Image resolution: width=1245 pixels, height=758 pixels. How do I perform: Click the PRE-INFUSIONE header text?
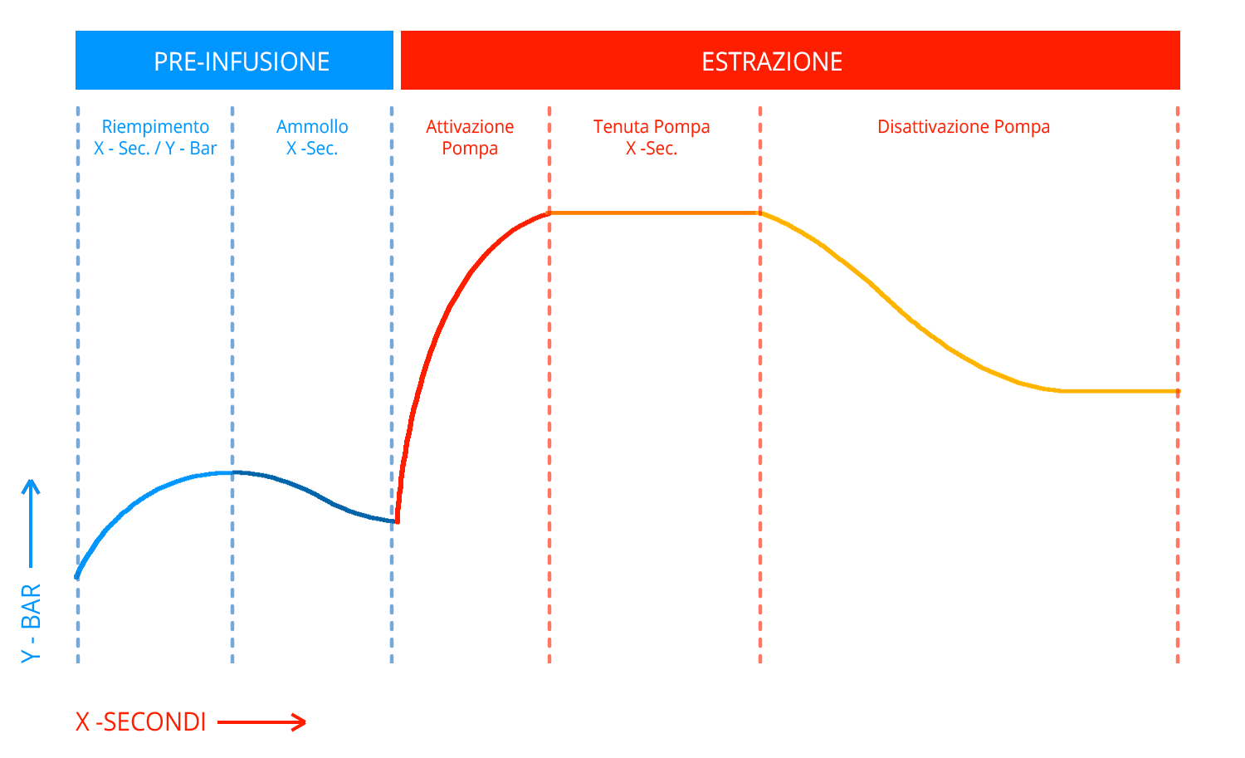(x=242, y=61)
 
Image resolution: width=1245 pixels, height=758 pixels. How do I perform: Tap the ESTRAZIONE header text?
(x=772, y=61)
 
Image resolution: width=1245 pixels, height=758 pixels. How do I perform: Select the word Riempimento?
(x=156, y=127)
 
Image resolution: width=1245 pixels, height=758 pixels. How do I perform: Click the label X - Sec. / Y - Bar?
(x=155, y=149)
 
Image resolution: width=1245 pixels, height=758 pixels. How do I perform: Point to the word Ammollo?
(x=312, y=127)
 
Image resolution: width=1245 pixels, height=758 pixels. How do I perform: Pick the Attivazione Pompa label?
(x=470, y=138)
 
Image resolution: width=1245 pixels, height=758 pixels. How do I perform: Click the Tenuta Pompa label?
(x=652, y=127)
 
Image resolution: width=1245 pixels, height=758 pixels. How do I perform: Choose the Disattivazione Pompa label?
(x=964, y=127)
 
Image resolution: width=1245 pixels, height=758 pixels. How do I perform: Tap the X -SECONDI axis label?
(x=140, y=721)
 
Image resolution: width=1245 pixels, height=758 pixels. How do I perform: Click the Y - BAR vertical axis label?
(x=31, y=624)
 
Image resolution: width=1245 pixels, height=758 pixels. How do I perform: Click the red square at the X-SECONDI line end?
(x=299, y=722)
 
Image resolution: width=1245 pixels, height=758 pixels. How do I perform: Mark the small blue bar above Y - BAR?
(x=31, y=523)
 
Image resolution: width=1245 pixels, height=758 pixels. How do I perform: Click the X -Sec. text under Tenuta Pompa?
(x=652, y=149)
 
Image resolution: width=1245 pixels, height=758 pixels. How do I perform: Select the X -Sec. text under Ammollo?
(x=312, y=149)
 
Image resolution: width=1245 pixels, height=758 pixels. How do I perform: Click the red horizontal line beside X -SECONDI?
(x=253, y=722)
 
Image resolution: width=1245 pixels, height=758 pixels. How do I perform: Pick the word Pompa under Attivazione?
(x=470, y=149)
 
